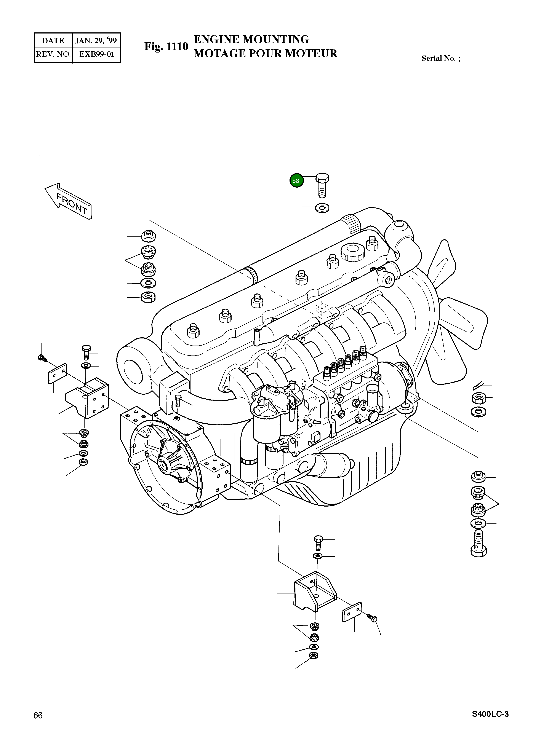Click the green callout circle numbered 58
(296, 180)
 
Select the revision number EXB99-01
(96, 54)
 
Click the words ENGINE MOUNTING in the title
(251, 39)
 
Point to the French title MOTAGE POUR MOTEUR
(265, 53)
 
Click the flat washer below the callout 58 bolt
(321, 208)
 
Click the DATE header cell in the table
(53, 41)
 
